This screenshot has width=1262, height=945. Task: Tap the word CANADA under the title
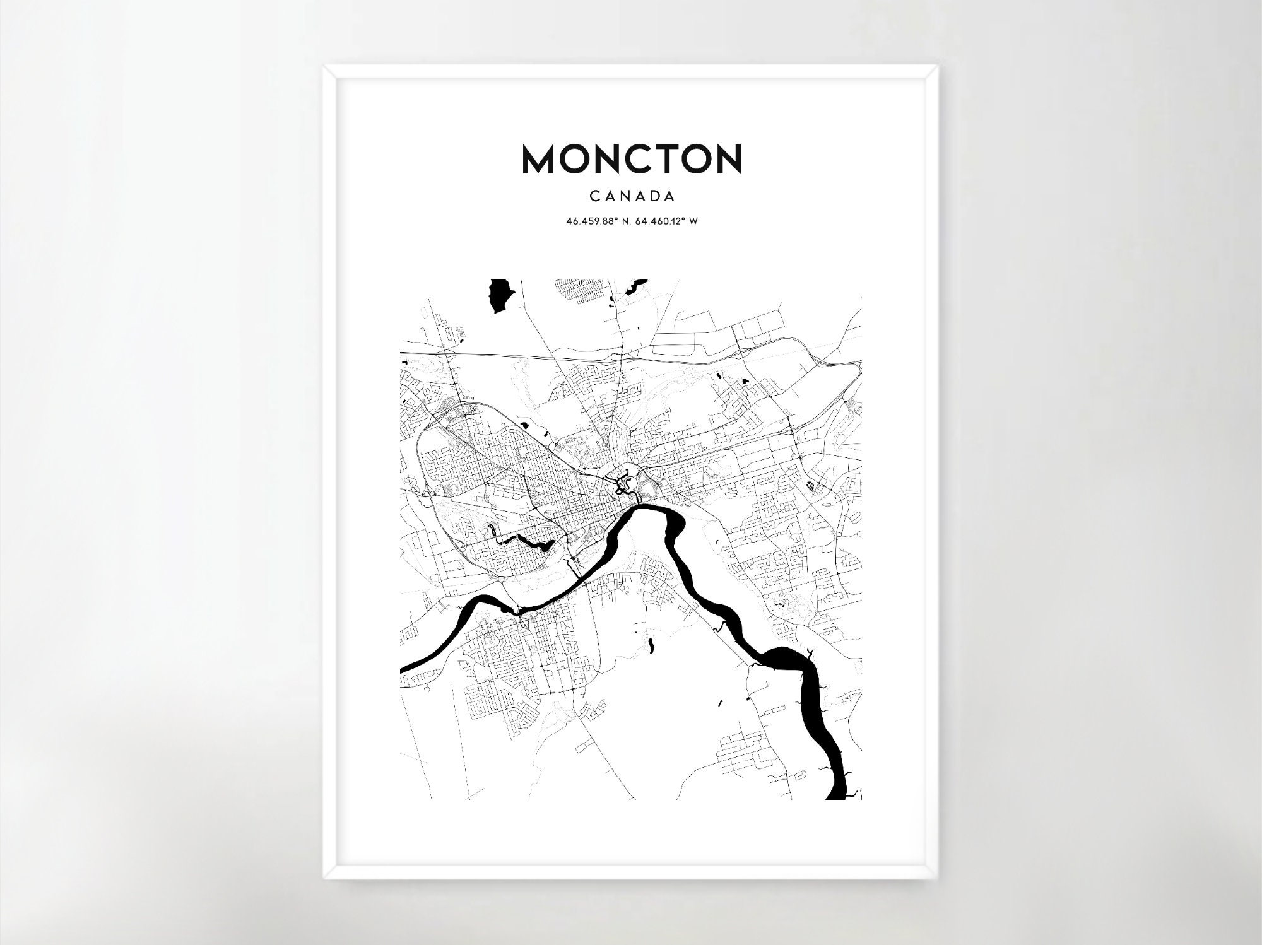[632, 197]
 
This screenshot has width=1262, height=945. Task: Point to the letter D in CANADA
[652, 197]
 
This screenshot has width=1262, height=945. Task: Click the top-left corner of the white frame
[324, 67]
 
